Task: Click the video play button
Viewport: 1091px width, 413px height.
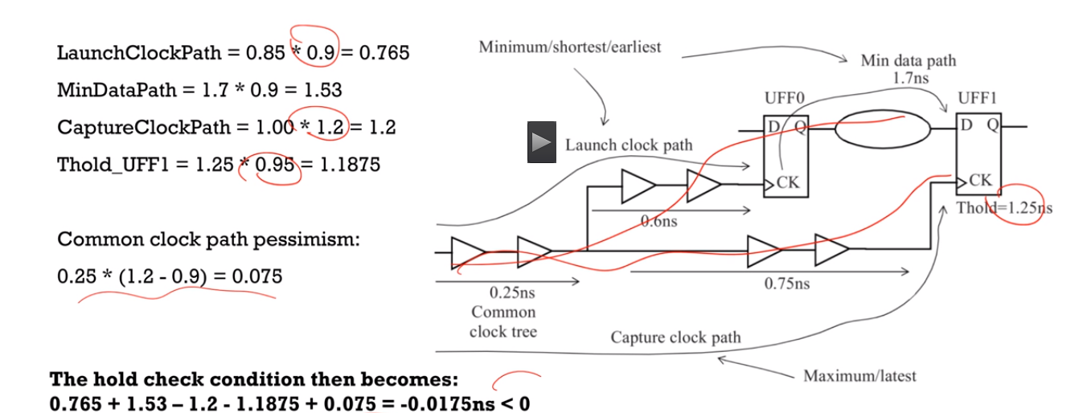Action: (x=542, y=143)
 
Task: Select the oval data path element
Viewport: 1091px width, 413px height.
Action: (x=883, y=128)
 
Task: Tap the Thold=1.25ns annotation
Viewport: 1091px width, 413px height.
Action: (x=1004, y=207)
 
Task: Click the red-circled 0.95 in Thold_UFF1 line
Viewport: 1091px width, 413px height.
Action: (x=273, y=165)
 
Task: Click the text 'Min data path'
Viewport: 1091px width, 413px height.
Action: (x=908, y=61)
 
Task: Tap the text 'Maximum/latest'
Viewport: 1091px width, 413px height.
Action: (x=859, y=375)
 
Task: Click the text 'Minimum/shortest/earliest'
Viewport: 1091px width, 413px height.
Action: (x=569, y=47)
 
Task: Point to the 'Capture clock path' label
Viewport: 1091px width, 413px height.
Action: (x=675, y=337)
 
